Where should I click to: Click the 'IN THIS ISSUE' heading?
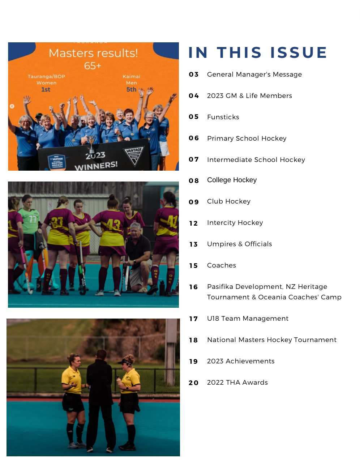point(258,53)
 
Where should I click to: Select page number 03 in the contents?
point(194,74)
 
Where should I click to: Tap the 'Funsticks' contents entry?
point(223,117)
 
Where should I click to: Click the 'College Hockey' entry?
point(232,180)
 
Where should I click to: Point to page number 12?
point(194,223)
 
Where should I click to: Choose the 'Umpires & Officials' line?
point(239,244)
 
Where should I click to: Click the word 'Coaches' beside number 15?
point(222,265)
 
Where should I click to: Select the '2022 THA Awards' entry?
point(237,383)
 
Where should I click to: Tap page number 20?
point(194,383)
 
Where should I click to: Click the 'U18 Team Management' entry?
point(248,319)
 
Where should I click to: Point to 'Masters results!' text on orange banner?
point(93,54)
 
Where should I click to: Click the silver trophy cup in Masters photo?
point(92,143)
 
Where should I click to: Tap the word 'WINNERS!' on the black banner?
point(96,166)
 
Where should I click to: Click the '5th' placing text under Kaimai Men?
point(131,89)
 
